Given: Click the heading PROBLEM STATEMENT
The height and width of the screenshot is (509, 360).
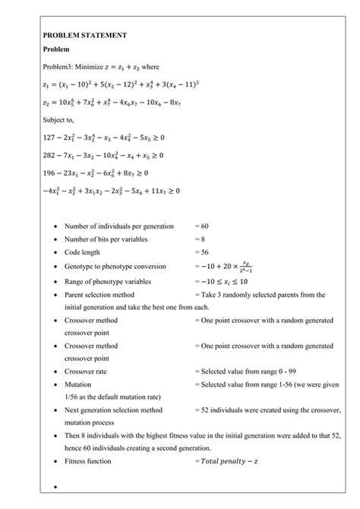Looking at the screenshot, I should click(x=85, y=36).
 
